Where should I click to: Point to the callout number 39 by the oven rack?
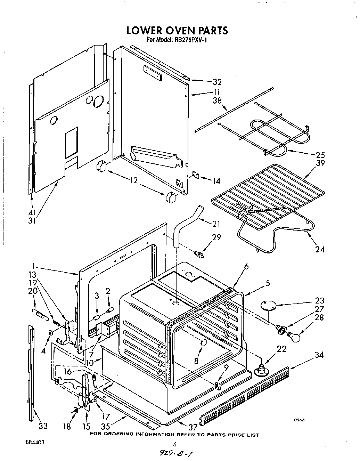(x=320, y=163)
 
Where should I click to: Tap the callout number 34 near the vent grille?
(x=319, y=355)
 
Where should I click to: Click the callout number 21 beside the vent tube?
(x=217, y=223)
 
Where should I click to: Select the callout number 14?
(x=216, y=181)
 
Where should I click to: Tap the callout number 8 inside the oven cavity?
(x=196, y=361)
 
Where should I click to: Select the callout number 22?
(x=281, y=349)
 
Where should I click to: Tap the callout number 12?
(x=134, y=180)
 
